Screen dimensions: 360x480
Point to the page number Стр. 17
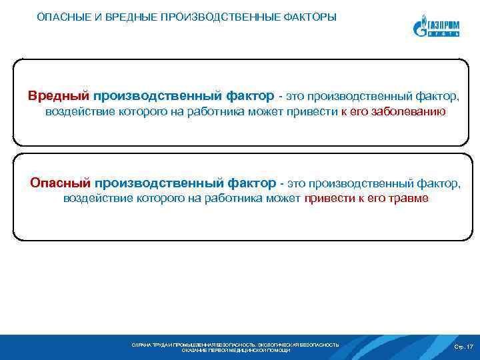tap(463, 347)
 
